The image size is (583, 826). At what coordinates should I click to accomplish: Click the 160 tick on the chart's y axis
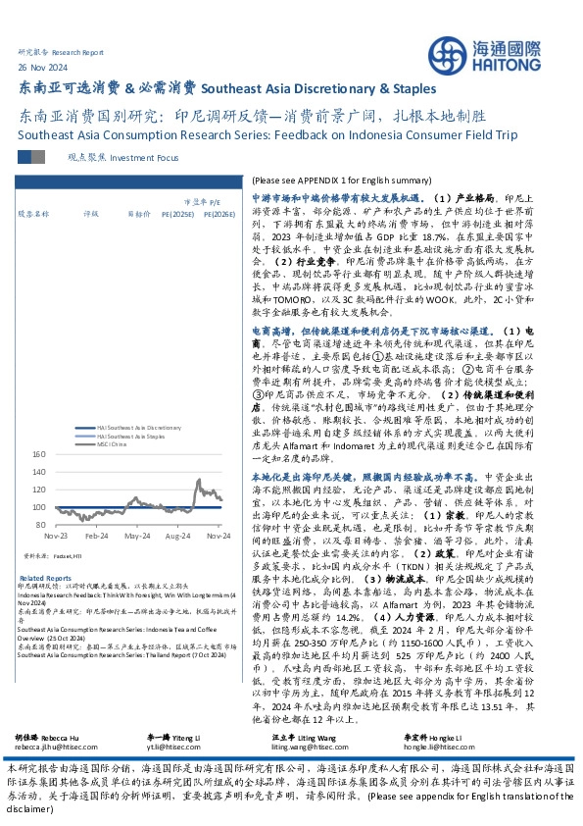40,454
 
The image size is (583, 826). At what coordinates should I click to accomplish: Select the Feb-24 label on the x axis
97,539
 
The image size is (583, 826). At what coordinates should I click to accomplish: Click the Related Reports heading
45,578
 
